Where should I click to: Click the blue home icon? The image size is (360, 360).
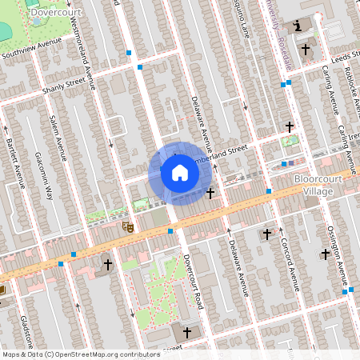click(179, 173)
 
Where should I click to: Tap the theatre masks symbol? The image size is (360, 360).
click(126, 227)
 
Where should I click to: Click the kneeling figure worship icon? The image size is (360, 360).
click(299, 26)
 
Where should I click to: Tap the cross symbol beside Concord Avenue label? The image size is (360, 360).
click(268, 234)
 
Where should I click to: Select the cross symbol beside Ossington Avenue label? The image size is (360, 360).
click(325, 254)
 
